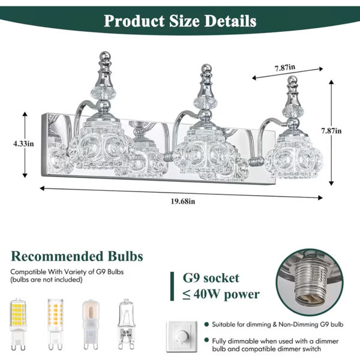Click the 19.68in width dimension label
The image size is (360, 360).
tap(183, 202)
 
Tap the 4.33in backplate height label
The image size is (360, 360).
tap(23, 144)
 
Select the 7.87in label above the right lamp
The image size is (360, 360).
tap(285, 67)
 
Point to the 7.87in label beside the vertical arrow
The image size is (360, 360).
tap(331, 131)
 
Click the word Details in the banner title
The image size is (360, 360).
tap(230, 21)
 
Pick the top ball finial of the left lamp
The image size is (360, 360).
tap(105, 55)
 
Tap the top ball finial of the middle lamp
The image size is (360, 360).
tap(206, 68)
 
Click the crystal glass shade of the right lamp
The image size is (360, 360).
tap(294, 158)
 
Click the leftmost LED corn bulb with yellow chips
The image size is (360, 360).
tap(18, 324)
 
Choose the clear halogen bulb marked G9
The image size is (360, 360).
tap(126, 324)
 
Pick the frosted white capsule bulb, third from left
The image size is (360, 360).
tap(90, 324)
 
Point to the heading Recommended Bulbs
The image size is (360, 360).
tap(77, 256)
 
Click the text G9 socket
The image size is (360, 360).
tap(211, 278)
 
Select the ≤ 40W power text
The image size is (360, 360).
tap(221, 294)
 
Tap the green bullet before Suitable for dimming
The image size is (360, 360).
tap(206, 324)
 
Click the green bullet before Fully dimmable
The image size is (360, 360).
tap(206, 340)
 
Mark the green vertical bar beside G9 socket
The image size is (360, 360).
tap(172, 286)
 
